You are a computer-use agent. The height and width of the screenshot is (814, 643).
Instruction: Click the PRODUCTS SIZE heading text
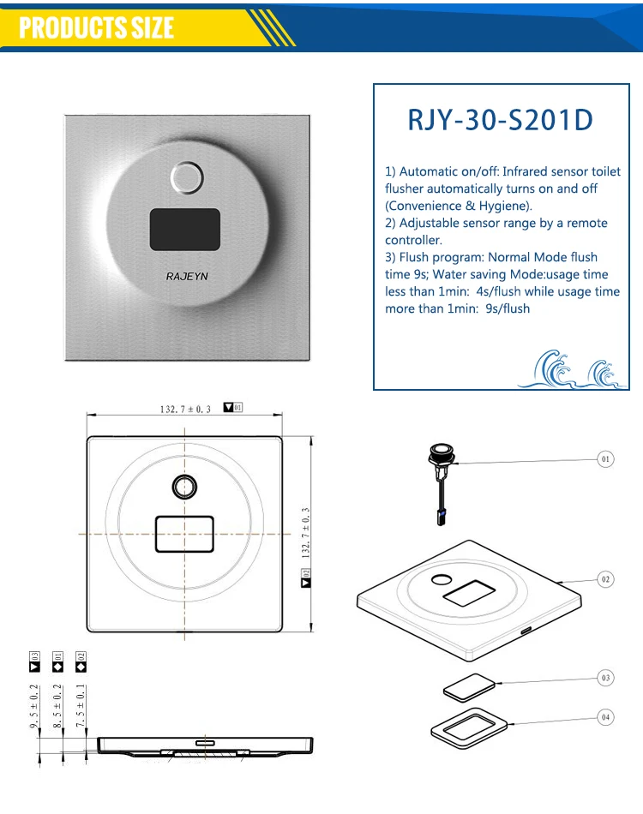pyautogui.click(x=96, y=27)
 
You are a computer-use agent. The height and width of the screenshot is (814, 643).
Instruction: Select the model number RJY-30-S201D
pyautogui.click(x=500, y=120)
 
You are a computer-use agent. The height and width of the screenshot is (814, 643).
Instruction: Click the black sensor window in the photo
pyautogui.click(x=185, y=229)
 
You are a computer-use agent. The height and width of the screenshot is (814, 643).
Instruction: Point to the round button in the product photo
pyautogui.click(x=186, y=178)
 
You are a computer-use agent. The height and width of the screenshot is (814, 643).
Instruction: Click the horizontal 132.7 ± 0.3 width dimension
pyautogui.click(x=185, y=409)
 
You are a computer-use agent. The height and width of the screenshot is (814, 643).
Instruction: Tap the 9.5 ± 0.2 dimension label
pyautogui.click(x=34, y=707)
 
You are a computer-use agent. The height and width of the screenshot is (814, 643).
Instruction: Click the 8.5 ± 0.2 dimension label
pyautogui.click(x=57, y=707)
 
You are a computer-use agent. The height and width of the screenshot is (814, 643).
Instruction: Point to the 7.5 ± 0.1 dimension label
pyautogui.click(x=81, y=707)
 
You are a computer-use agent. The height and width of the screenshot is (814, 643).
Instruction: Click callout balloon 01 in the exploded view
pyautogui.click(x=606, y=459)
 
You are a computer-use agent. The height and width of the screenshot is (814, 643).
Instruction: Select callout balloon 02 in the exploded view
pyautogui.click(x=606, y=580)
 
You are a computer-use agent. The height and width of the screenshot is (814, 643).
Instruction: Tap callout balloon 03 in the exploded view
pyautogui.click(x=606, y=678)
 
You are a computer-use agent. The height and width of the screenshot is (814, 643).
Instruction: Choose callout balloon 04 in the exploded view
pyautogui.click(x=606, y=717)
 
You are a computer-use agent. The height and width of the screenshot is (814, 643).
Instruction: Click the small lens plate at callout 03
pyautogui.click(x=468, y=686)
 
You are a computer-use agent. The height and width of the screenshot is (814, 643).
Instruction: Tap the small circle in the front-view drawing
pyautogui.click(x=183, y=487)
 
